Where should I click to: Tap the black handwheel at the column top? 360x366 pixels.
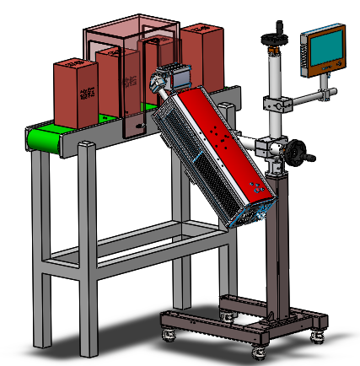click(x=274, y=37)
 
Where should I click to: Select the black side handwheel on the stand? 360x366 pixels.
click(x=297, y=153)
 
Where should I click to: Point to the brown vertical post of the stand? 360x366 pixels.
click(x=276, y=245)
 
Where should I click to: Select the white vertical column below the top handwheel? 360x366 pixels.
click(x=274, y=72)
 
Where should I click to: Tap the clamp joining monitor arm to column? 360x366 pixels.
click(x=275, y=105)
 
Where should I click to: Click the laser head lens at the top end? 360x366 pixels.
click(x=158, y=82)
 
